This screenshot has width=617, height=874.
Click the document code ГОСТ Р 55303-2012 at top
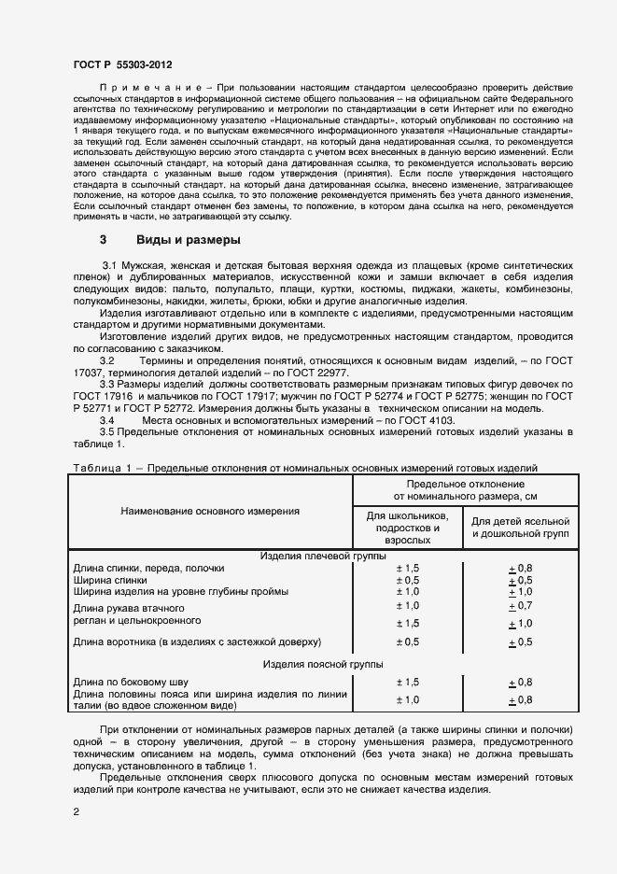[122, 63]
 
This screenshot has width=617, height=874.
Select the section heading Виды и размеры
[189, 239]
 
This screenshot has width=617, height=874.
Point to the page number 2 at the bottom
[77, 812]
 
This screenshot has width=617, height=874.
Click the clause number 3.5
[107, 432]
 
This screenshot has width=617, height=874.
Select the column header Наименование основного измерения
[210, 512]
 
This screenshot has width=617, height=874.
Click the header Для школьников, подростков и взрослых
[407, 528]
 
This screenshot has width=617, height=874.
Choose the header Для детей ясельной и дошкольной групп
[519, 528]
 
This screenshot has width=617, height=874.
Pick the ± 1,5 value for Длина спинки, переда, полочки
[407, 568]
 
